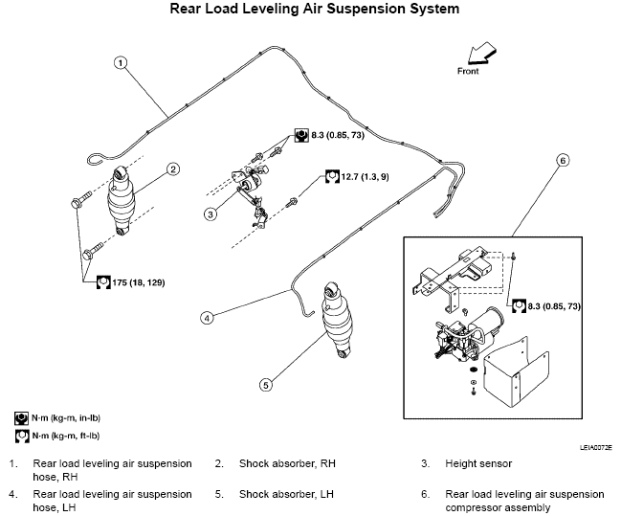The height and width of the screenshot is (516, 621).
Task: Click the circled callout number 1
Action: (121, 62)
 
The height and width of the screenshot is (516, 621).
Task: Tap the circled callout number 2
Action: (173, 169)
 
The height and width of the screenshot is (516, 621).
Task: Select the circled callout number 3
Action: (211, 214)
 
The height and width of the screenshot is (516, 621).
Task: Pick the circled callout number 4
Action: (207, 318)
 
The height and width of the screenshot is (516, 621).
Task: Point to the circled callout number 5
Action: (266, 385)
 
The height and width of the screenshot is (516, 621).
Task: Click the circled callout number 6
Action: (563, 160)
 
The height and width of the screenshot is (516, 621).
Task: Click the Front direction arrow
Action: (481, 55)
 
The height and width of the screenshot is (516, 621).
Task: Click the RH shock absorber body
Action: (122, 201)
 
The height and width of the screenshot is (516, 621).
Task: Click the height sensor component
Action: (251, 191)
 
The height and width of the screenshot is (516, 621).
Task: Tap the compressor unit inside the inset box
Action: (467, 335)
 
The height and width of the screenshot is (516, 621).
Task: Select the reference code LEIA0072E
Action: (596, 447)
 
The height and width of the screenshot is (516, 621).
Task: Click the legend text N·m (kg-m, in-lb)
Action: (66, 417)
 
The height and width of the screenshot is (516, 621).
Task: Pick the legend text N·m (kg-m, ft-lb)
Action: (66, 436)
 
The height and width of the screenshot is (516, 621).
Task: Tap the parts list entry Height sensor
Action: (478, 463)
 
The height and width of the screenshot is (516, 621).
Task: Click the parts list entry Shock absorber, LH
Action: (286, 494)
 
